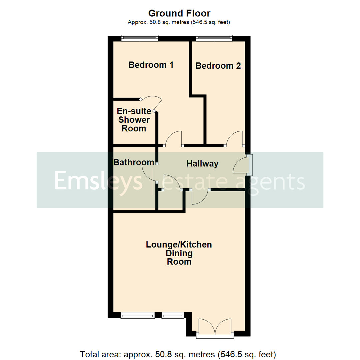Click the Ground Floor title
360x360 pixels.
(179, 13)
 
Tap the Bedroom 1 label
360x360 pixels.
(151, 65)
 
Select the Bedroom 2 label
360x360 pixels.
(218, 66)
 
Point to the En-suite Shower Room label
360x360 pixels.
(134, 120)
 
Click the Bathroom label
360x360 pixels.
(134, 162)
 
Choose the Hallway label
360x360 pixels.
(202, 164)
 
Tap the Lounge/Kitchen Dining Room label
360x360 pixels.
(179, 253)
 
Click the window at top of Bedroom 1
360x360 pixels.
(139, 38)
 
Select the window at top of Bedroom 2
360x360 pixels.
(214, 38)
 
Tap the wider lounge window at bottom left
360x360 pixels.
(138, 315)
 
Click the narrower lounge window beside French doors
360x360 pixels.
(173, 315)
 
